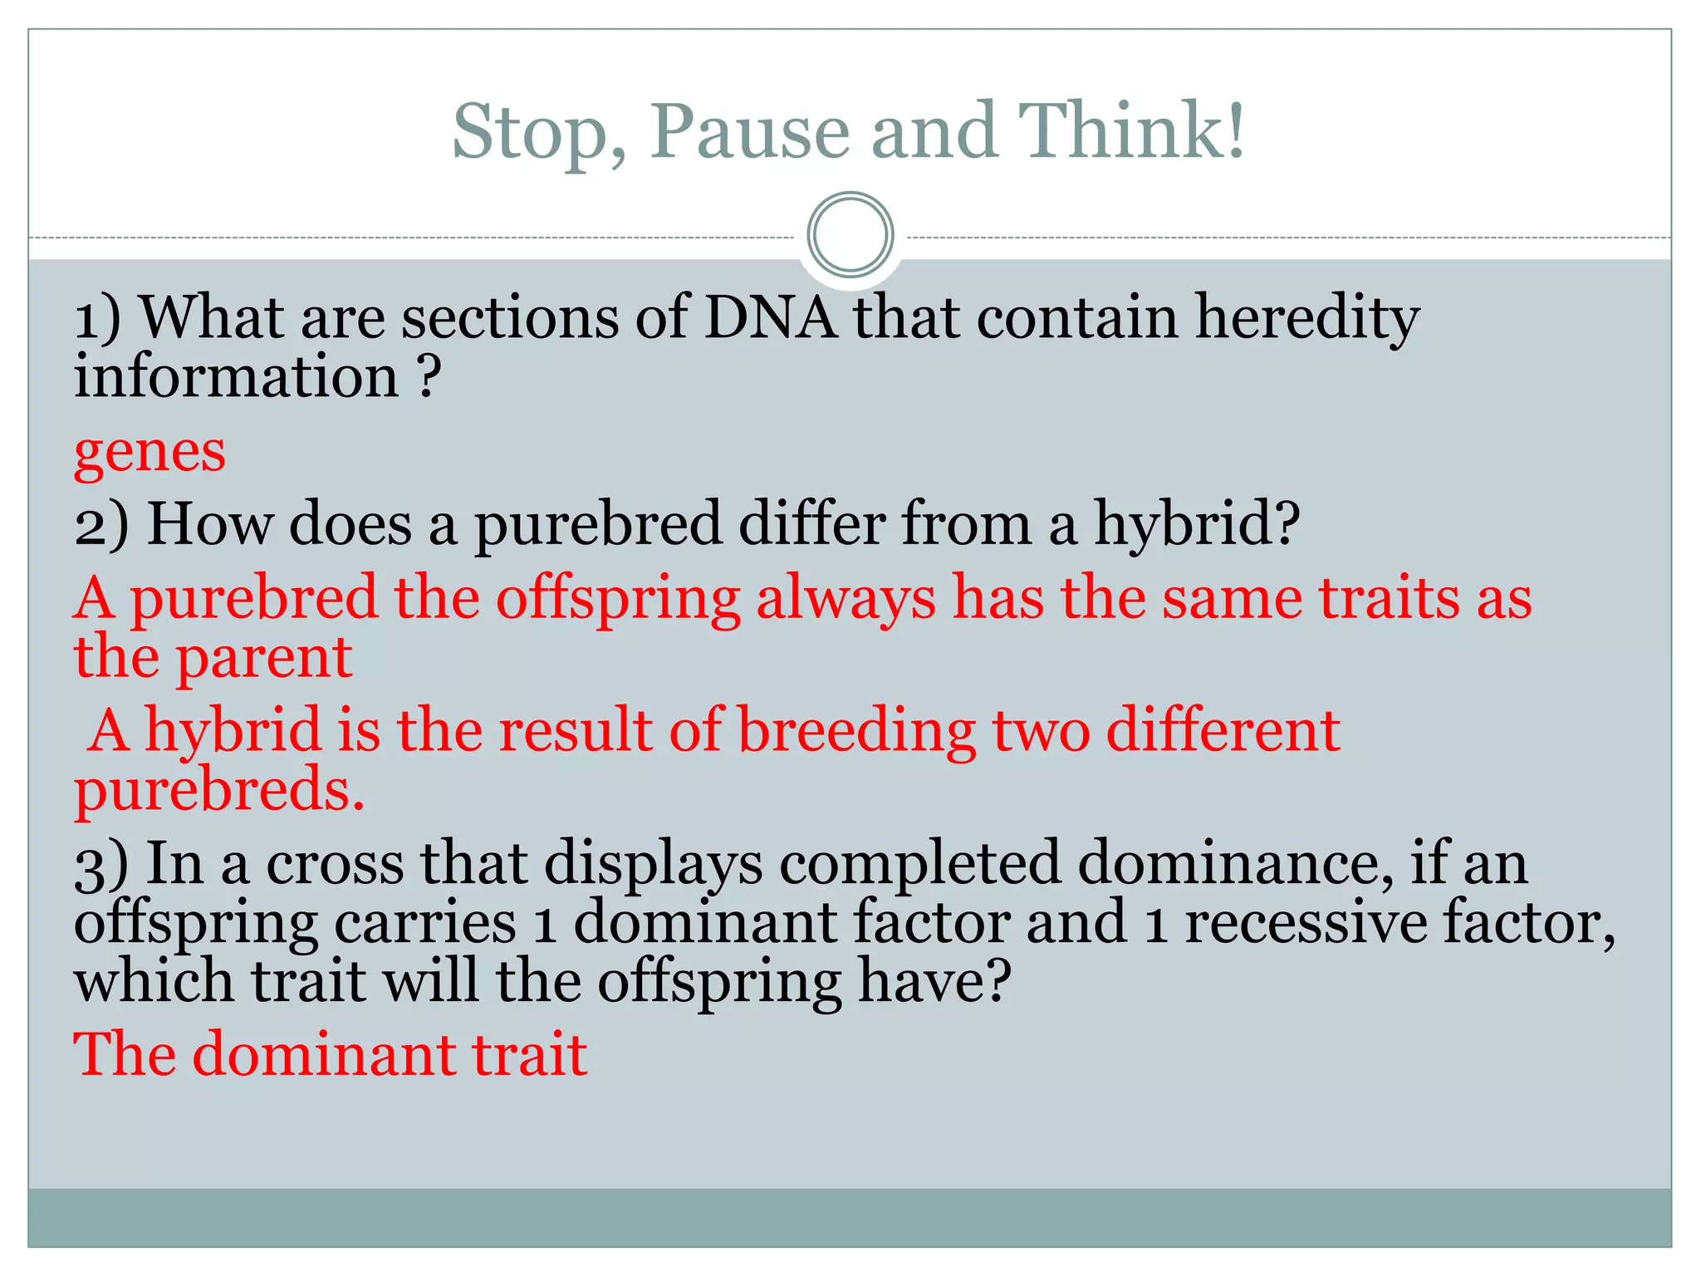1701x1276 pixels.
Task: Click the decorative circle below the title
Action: point(850,235)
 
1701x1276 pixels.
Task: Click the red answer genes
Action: point(150,454)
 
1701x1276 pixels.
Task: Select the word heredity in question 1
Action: point(1306,318)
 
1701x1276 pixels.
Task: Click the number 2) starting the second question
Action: point(101,526)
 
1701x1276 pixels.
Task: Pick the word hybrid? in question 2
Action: point(1196,526)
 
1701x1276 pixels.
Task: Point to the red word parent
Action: point(265,658)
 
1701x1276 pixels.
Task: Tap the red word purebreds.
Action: point(218,790)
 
